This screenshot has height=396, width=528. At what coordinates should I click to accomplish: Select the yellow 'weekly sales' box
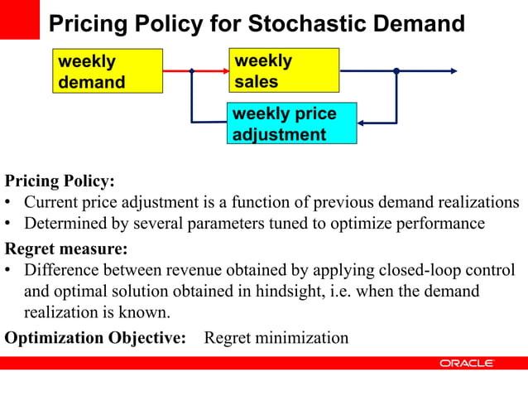[x=284, y=71]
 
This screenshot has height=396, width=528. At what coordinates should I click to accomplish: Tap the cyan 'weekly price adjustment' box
[x=291, y=123]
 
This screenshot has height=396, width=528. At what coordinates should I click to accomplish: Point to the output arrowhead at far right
[x=452, y=71]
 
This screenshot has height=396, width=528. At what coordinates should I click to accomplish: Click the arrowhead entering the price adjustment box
[x=362, y=123]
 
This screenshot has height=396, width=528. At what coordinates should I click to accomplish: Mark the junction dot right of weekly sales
[x=396, y=71]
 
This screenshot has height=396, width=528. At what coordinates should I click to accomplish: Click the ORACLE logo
[x=467, y=364]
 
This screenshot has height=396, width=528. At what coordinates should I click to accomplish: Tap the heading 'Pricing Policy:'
[x=60, y=181]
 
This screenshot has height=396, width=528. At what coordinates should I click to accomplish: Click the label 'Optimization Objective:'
[x=95, y=338]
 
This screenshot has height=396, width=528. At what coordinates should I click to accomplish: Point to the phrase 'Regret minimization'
[x=276, y=338]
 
